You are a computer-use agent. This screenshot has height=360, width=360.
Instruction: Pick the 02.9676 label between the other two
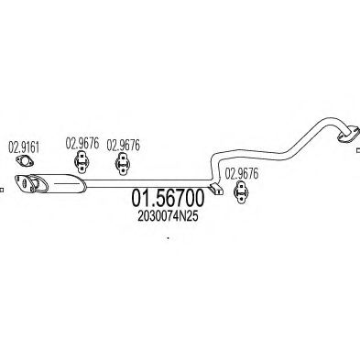(x=124, y=144)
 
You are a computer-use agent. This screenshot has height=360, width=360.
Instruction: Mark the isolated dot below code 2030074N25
(x=168, y=240)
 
